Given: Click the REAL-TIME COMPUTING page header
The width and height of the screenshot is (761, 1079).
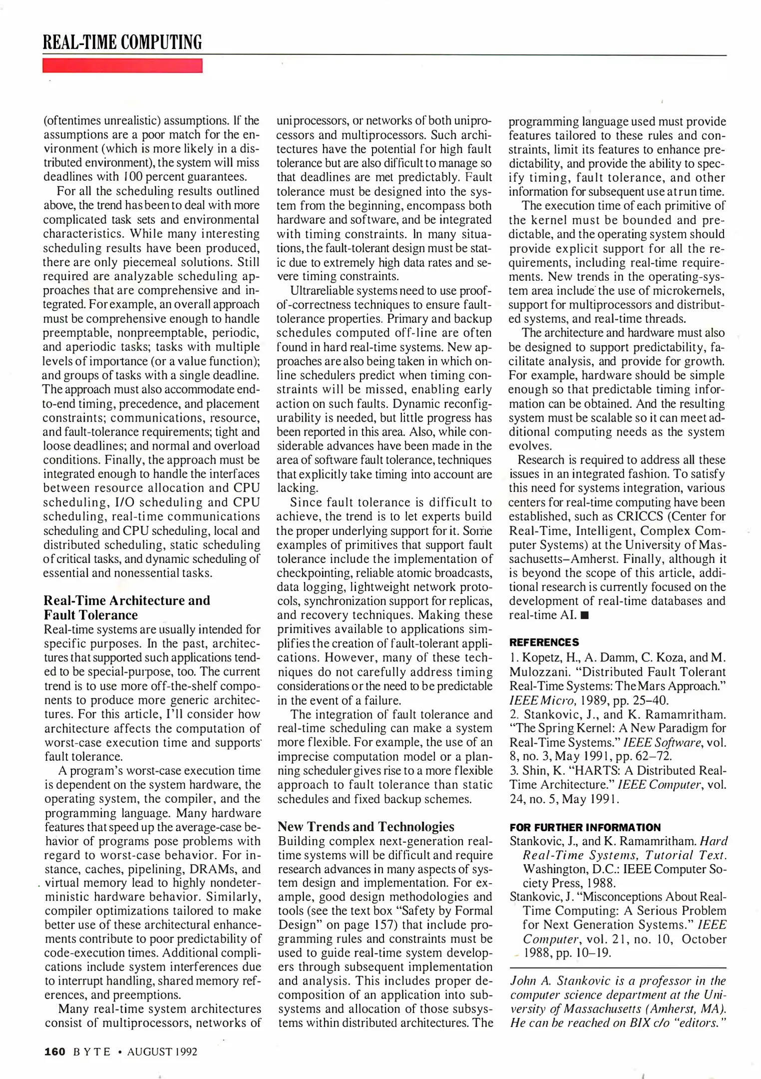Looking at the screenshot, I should pos(122,42).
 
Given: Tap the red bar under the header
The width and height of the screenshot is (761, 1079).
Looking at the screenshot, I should pos(122,65).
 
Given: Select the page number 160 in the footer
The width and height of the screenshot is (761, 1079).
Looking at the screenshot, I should pos(55,1052).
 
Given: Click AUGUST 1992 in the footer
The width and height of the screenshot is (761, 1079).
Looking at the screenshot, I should pos(162,1052).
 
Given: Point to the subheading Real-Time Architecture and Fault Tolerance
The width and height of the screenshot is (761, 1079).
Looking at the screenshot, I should pos(127,607).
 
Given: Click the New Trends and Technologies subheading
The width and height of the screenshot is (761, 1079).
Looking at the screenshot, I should pos(366,827).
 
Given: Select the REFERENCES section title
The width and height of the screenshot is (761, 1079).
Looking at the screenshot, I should pos(544,642).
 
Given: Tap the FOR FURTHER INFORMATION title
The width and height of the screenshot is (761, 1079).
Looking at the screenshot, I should pos(585,827).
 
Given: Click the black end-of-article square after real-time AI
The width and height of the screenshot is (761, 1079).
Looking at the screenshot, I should pos(585,615).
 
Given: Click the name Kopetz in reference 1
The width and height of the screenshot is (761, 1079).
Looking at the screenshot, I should pos(542,658).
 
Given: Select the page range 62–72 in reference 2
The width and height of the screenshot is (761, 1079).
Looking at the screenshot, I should pos(652,756).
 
